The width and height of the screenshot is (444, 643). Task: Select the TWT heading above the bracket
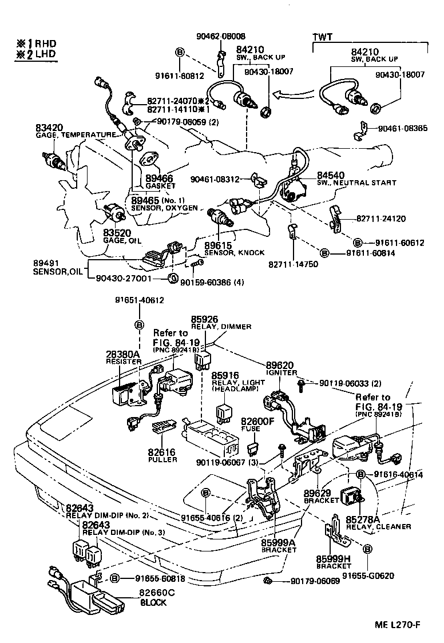pos(323,37)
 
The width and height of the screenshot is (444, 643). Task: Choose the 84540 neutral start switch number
pos(331,174)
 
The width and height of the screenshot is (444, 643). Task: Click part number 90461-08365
pos(402,129)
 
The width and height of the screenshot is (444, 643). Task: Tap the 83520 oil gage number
pos(117,233)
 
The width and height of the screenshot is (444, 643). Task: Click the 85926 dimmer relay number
pos(205,319)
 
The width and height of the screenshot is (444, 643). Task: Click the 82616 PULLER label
pos(162,455)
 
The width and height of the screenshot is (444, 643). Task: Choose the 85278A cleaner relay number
pos(363,519)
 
